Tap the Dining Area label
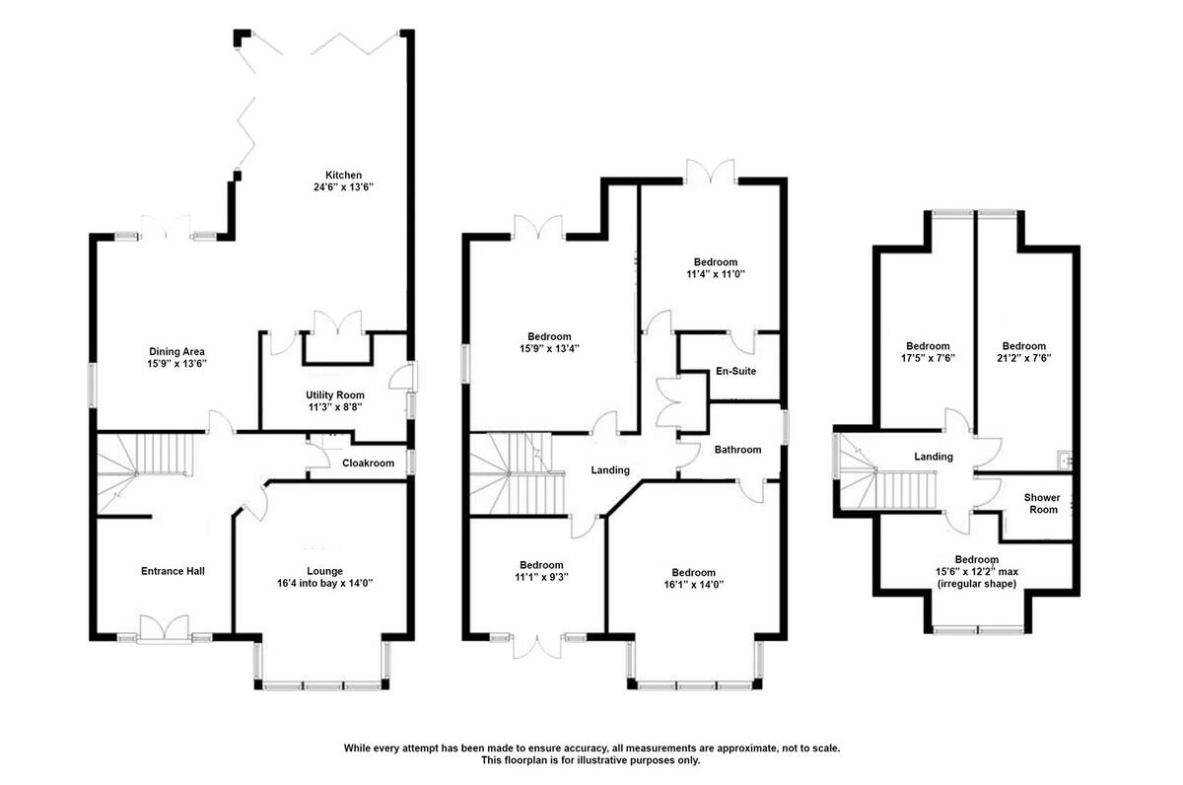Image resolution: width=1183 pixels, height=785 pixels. pos(176,351)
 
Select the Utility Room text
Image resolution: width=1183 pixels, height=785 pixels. pos(334,394)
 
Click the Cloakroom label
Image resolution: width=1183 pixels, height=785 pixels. pos(368,464)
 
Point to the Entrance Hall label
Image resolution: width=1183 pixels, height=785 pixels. pos(173,571)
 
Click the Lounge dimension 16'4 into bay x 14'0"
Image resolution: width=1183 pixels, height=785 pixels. pos(324,584)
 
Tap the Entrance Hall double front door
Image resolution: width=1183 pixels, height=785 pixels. pos(163,629)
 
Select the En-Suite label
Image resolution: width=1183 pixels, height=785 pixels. pos(735,372)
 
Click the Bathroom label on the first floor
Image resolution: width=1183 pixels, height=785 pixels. pos(737,450)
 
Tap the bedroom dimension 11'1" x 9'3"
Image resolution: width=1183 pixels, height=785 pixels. pos(541,578)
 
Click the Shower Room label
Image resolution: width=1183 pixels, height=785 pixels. pos(1041,503)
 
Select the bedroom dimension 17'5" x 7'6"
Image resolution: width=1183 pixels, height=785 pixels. pos(928,359)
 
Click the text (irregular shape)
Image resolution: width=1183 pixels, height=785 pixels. pos(975,584)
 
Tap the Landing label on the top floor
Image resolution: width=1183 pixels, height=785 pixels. pos(933,457)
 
